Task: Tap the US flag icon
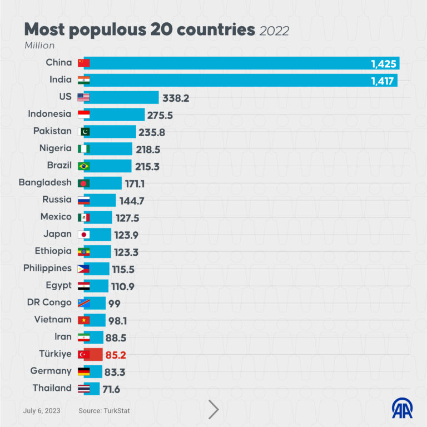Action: coord(83,98)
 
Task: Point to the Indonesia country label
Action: coord(49,114)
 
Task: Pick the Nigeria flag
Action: coord(83,149)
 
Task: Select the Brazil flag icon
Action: coord(83,166)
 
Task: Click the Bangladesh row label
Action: coord(45,182)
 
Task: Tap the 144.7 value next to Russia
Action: coord(131,201)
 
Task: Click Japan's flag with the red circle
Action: coord(83,235)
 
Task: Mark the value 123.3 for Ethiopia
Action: coord(126,252)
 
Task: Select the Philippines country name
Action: coord(47,268)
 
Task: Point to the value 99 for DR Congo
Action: coord(114,304)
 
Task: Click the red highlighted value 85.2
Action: coord(120,355)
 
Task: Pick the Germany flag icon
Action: coord(83,371)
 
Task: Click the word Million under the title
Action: coord(39,46)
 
